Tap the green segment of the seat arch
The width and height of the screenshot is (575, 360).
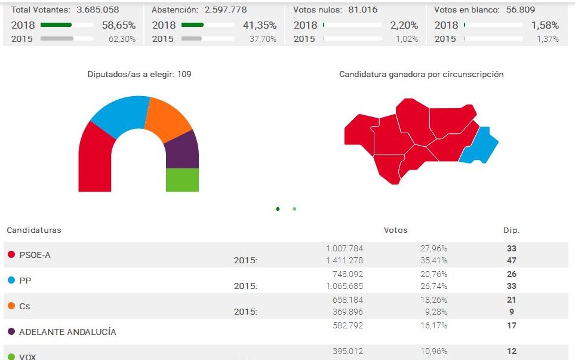tap(182, 180)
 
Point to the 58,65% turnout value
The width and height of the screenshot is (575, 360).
tap(120, 25)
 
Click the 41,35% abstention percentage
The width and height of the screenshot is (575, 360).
tap(261, 25)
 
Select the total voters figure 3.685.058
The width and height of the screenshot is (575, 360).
tap(97, 10)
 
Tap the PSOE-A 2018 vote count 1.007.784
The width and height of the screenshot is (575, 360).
tap(345, 248)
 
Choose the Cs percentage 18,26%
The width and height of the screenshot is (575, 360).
tap(434, 300)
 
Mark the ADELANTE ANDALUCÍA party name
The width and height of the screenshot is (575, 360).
tap(67, 332)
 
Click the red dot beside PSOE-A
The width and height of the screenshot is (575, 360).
tap(11, 255)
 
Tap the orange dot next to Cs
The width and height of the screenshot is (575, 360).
tap(11, 306)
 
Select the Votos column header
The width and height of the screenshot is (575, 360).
tap(395, 230)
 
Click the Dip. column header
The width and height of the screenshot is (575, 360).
tap(511, 230)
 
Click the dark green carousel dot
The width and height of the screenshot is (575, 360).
tap(278, 209)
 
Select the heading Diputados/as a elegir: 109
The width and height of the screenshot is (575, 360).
tap(139, 75)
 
